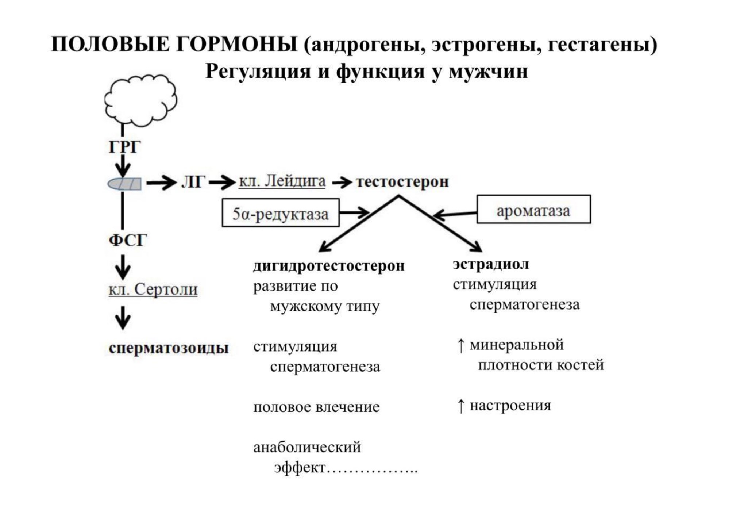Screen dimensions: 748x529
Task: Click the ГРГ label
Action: (x=124, y=147)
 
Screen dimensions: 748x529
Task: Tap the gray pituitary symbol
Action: (x=124, y=184)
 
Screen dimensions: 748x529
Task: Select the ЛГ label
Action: (x=193, y=182)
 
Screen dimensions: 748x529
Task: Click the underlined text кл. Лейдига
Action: (x=282, y=181)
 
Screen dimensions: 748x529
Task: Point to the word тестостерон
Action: (x=402, y=182)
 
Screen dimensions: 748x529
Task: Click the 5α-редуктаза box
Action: (x=281, y=213)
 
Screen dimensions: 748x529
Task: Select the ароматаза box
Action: (x=533, y=209)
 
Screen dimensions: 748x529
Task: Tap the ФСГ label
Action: (x=128, y=241)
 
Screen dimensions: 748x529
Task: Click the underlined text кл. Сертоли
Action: (x=153, y=290)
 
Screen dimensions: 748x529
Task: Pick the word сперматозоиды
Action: (x=169, y=348)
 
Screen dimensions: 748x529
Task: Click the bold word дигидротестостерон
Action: (x=329, y=266)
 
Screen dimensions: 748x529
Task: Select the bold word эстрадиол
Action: (x=491, y=264)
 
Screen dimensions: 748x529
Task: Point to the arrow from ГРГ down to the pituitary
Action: (x=123, y=166)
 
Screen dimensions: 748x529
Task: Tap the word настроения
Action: (x=510, y=406)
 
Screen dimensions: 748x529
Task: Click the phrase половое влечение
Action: (x=316, y=407)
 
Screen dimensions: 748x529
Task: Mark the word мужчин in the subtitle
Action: (x=488, y=71)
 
